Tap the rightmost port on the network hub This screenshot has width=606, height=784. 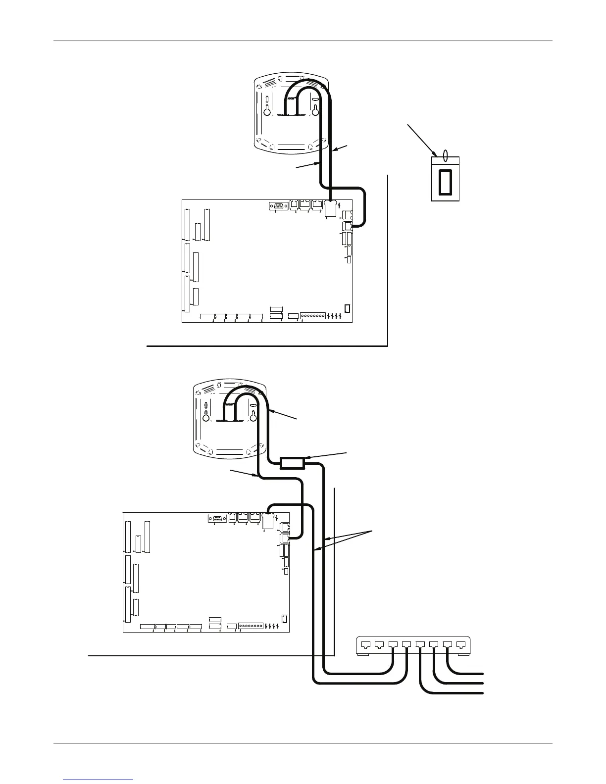coord(461,645)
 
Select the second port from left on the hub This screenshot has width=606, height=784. coord(379,645)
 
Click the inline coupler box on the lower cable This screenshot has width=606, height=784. coord(292,463)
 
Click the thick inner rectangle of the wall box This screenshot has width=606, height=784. coord(446,181)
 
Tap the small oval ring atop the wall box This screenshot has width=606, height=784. coord(445,156)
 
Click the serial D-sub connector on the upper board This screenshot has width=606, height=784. coord(278,206)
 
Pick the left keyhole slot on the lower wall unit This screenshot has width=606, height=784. coord(205,416)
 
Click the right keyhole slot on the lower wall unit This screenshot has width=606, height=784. coord(253,416)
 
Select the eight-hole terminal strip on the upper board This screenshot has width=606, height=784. coord(313,315)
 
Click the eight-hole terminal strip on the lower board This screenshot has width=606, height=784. coord(252,626)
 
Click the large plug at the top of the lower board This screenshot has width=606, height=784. coord(268,521)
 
